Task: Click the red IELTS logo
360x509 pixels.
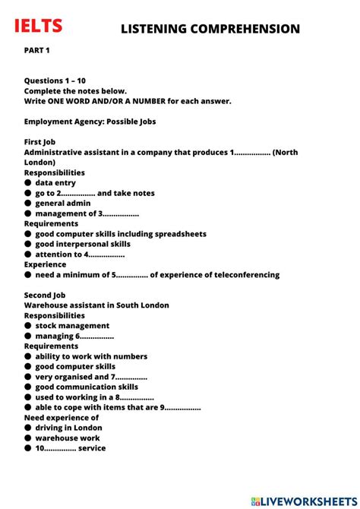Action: (39, 27)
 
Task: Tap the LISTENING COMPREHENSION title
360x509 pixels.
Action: (210, 29)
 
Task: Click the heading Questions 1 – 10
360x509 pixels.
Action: (55, 81)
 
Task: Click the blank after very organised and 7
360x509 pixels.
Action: (131, 377)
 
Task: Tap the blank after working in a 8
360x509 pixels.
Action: (137, 397)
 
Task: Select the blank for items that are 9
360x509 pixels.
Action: (183, 407)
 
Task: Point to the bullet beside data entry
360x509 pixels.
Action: (28, 183)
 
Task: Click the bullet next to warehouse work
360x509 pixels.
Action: (28, 438)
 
